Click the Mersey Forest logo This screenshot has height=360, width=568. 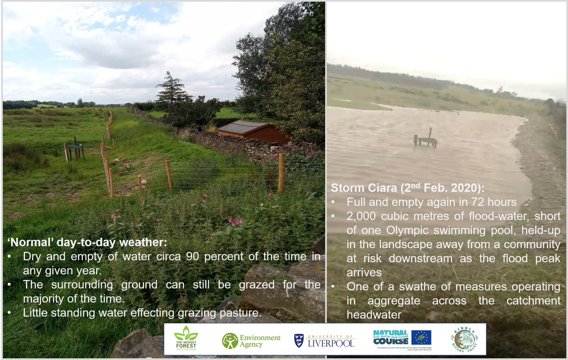pos(186,339)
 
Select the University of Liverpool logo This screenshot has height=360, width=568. pos(324,340)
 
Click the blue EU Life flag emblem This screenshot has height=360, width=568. pos(421,337)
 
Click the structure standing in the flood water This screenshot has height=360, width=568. pos(426,139)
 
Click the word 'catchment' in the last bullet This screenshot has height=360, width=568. pos(533,300)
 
